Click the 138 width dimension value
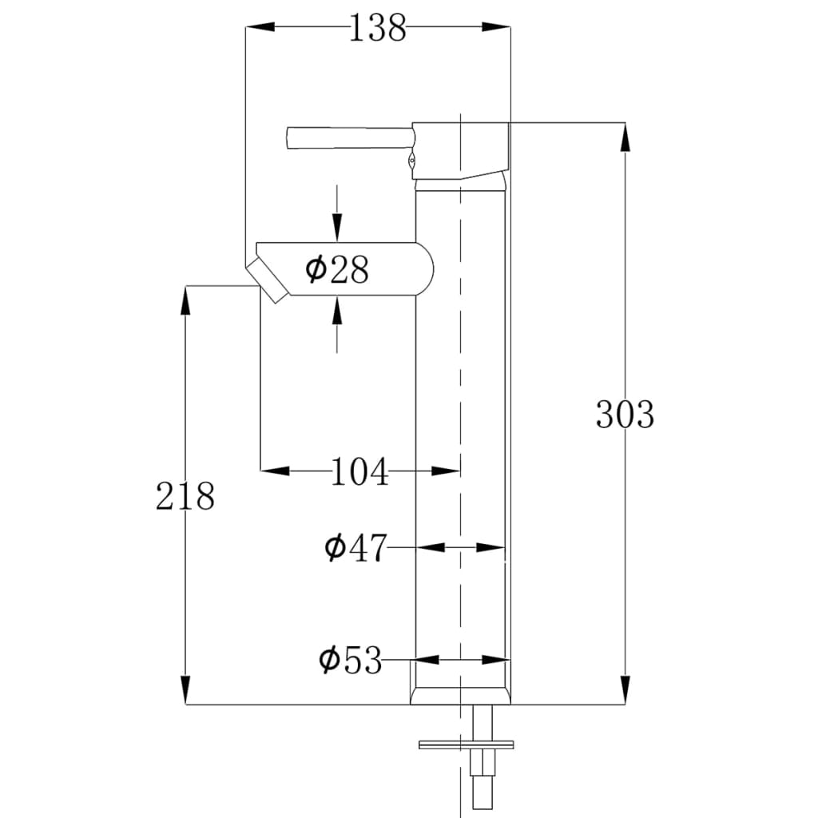pyautogui.click(x=378, y=28)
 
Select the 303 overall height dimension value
pyautogui.click(x=625, y=414)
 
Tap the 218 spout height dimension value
pyautogui.click(x=185, y=496)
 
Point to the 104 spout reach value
pyautogui.click(x=359, y=472)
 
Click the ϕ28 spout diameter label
pyautogui.click(x=337, y=270)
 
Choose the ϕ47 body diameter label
pyautogui.click(x=355, y=548)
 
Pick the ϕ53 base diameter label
pyautogui.click(x=351, y=661)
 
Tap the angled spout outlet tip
pyautogui.click(x=268, y=280)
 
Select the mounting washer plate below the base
pyautogui.click(x=466, y=745)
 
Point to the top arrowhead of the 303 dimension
pyautogui.click(x=625, y=136)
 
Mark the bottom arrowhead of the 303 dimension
pyautogui.click(x=625, y=691)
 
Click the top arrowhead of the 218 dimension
pyautogui.click(x=185, y=300)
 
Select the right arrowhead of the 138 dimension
pyautogui.click(x=496, y=28)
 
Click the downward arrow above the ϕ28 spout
pyautogui.click(x=337, y=228)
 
